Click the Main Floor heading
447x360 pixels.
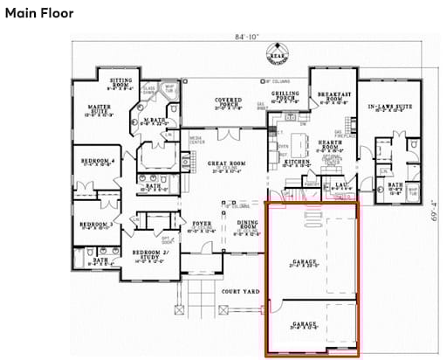pyautogui.click(x=38, y=14)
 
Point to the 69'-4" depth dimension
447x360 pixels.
pyautogui.click(x=433, y=210)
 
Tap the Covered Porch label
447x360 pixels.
pyautogui.click(x=228, y=103)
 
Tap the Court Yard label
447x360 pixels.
pyautogui.click(x=236, y=290)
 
